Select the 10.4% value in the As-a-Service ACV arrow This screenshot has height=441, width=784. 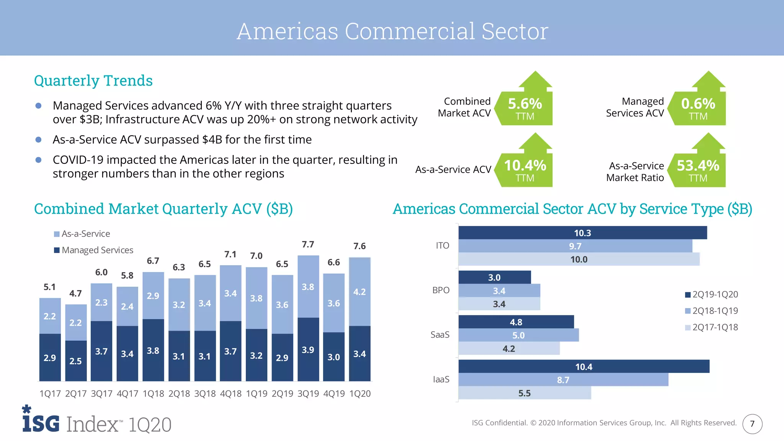tap(525, 166)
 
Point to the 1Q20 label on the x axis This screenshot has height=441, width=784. tap(360, 394)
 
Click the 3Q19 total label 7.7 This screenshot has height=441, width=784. tap(308, 245)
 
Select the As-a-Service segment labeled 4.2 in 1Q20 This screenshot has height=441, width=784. tap(359, 292)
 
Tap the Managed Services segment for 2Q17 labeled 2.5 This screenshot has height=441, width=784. tap(76, 361)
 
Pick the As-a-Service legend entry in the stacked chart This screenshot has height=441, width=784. tap(82, 234)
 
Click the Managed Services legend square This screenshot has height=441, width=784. tap(57, 250)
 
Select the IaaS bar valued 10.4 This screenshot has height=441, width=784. tap(583, 366)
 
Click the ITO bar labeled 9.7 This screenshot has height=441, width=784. tap(575, 246)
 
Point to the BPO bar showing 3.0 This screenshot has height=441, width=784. tap(494, 277)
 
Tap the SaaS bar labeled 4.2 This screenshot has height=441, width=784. tap(509, 348)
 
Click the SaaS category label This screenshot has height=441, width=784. tap(440, 335)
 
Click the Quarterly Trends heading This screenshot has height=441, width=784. tap(93, 81)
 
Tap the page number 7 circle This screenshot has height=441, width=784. tap(752, 424)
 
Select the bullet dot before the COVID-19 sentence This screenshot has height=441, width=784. tap(38, 160)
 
